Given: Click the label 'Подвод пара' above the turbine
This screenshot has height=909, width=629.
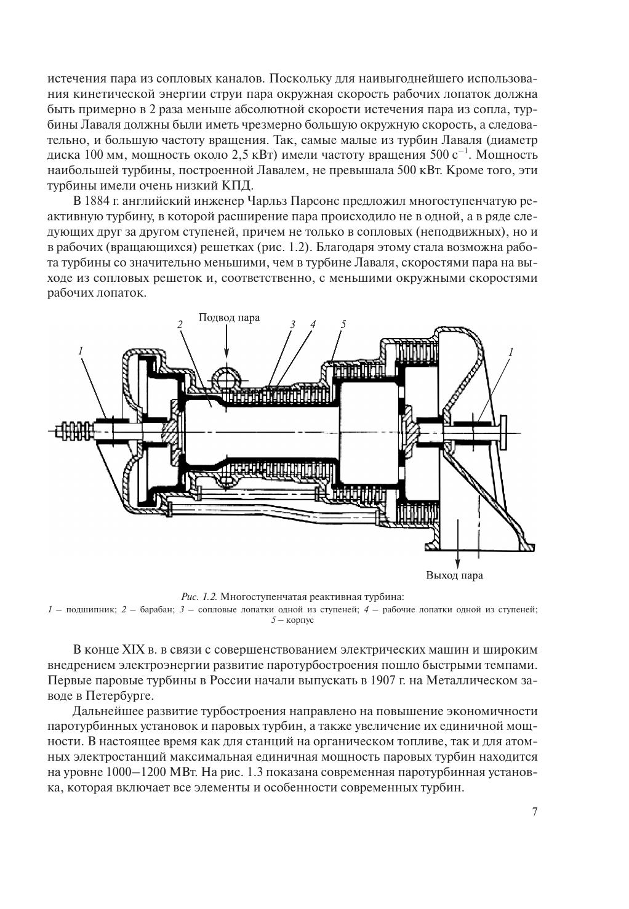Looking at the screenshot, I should (229, 318).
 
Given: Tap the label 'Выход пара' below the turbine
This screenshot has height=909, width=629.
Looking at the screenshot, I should (454, 575).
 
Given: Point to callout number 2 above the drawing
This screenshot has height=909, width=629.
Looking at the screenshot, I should (180, 324).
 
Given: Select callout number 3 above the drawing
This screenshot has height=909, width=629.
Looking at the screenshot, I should (293, 324).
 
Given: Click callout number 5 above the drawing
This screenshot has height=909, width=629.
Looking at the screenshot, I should (343, 324).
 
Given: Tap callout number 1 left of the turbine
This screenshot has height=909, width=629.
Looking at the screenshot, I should (81, 350).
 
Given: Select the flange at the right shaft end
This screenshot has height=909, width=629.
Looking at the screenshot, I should (502, 431).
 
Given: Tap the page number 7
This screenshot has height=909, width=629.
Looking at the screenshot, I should (535, 811).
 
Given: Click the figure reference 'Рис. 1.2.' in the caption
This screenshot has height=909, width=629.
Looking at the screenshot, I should (199, 597).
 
